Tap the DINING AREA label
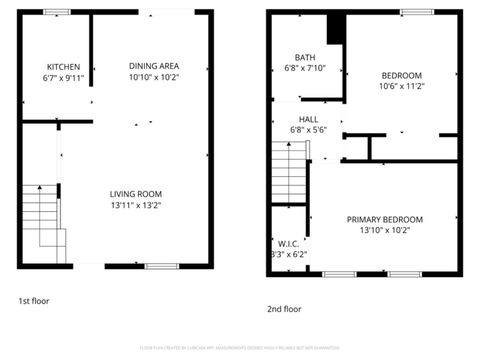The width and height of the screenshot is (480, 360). (x=154, y=65)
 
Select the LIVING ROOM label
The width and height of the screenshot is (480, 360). (x=136, y=193)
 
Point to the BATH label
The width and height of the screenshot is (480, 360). (x=305, y=57)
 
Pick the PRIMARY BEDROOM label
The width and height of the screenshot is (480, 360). (x=385, y=219)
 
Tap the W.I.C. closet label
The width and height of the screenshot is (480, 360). (x=289, y=243)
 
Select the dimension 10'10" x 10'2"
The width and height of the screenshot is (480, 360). (x=154, y=77)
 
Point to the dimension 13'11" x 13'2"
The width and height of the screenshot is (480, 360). (x=136, y=205)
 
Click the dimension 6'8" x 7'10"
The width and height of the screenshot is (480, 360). (x=305, y=69)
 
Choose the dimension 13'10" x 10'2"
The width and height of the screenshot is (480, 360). (x=385, y=231)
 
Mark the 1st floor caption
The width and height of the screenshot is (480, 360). (x=33, y=300)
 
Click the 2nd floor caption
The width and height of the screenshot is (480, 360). (x=284, y=309)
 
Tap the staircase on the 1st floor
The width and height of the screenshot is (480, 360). (x=44, y=222)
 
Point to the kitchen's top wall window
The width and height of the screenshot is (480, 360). (x=56, y=12)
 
